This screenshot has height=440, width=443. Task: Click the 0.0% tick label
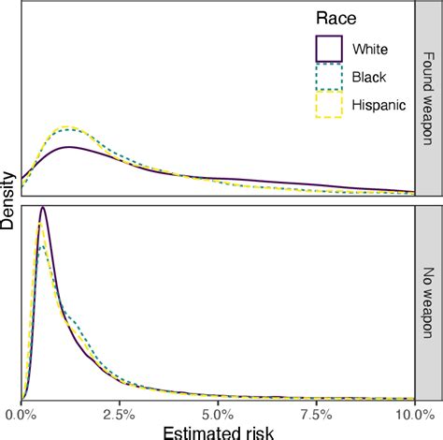point(21,412)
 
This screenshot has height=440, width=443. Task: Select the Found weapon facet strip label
point(429,98)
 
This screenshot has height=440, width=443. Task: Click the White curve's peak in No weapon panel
point(42,209)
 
